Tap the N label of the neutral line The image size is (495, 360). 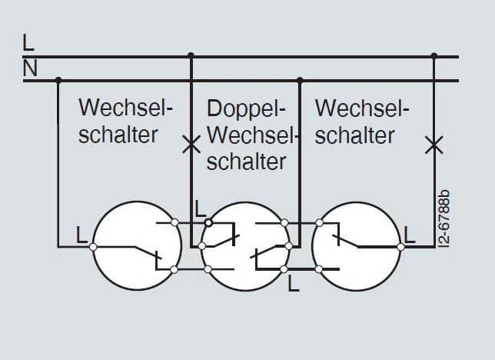(x=30, y=69)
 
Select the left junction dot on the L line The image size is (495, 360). (x=191, y=55)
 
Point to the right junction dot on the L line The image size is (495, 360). (x=434, y=55)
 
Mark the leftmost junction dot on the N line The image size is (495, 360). (x=58, y=79)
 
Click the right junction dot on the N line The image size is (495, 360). (x=300, y=79)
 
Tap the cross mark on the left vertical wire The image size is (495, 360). (x=191, y=143)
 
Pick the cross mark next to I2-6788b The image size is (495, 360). (x=434, y=143)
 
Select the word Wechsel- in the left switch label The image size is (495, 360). (x=127, y=107)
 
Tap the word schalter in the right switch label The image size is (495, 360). (x=354, y=135)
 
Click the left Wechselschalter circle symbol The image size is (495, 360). (x=137, y=246)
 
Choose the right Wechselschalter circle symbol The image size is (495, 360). (x=356, y=246)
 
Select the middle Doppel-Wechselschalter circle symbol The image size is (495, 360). (x=246, y=246)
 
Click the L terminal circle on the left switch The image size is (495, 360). (x=92, y=246)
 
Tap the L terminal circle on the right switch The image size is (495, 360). (x=400, y=246)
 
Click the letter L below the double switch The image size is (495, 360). (x=293, y=285)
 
